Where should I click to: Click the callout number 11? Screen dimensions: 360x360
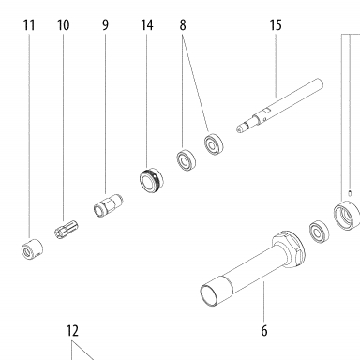click(29, 25)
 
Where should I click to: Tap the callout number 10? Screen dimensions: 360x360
click(63, 25)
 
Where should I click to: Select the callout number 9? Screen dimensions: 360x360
click(105, 25)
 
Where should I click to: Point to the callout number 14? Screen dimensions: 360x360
click(147, 25)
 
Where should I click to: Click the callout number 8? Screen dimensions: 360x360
click(183, 25)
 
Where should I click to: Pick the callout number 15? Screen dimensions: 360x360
click(276, 25)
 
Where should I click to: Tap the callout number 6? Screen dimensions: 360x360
click(264, 330)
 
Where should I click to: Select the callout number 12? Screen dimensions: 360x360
click(72, 330)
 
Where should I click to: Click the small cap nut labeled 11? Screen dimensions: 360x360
click(32, 249)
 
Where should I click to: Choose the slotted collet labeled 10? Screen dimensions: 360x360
click(67, 230)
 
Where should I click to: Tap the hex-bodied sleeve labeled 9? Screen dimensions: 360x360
click(108, 205)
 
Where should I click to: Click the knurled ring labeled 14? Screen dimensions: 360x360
click(151, 180)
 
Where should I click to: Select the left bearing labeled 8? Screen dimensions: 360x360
click(186, 160)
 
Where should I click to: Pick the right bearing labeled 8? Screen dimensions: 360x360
click(214, 144)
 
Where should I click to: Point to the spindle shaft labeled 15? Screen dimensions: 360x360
click(279, 106)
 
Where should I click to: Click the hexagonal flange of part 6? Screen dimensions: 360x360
click(288, 249)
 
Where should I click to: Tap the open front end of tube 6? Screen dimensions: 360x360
click(209, 295)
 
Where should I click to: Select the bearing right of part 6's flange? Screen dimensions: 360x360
click(319, 232)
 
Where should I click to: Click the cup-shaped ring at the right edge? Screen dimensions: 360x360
click(347, 216)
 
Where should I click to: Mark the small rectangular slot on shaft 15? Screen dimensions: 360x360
click(266, 110)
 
